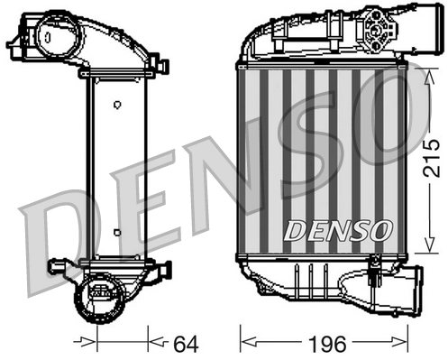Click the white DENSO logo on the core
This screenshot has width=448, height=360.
(x=338, y=231)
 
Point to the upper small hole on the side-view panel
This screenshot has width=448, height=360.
(x=116, y=105)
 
